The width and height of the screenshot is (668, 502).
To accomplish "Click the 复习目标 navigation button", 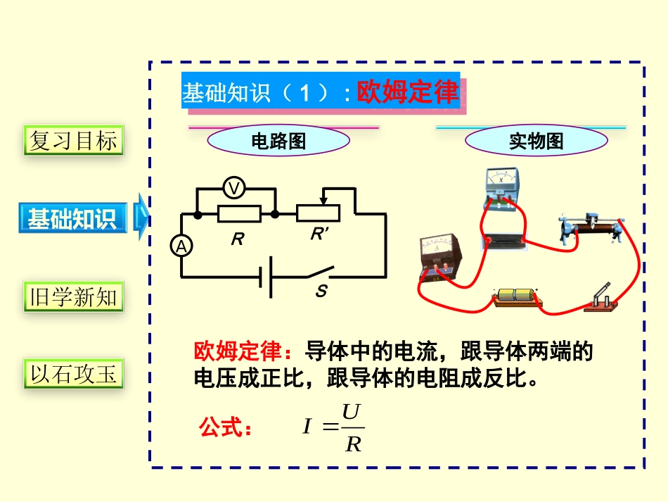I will point(72,140).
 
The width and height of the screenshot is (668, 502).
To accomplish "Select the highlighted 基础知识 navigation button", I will point(72,218).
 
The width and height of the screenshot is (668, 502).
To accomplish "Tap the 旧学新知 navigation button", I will point(72,296).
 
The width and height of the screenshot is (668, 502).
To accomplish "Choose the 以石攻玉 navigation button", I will point(72,374).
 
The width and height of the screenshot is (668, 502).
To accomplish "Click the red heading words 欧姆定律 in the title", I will point(408,92).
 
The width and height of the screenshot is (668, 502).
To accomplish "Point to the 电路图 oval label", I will point(278,142).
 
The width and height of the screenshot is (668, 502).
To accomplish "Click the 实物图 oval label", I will point(536,142).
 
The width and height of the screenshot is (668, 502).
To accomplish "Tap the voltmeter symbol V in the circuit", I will point(234,188).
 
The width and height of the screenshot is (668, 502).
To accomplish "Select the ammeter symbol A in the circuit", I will point(182,246).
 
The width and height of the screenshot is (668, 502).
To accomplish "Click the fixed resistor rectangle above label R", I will point(239,213).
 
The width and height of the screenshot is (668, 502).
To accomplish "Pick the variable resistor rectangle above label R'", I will point(319,213).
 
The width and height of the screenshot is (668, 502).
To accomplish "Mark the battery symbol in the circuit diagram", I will point(267,277).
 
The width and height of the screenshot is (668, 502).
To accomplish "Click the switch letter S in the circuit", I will point(321,291).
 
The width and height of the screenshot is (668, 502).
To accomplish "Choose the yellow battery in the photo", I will point(515,296).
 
